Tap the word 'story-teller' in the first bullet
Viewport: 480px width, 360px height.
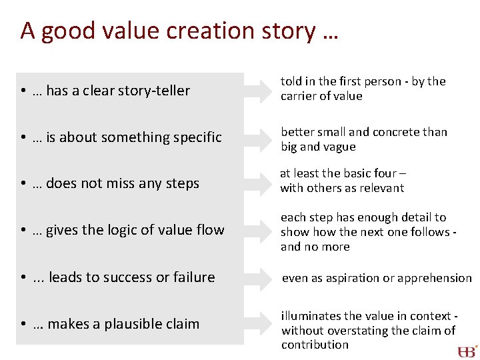(157, 91)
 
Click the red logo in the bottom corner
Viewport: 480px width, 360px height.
(467, 351)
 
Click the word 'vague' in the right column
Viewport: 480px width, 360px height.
(341, 147)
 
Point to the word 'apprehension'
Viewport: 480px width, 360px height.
(437, 278)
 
